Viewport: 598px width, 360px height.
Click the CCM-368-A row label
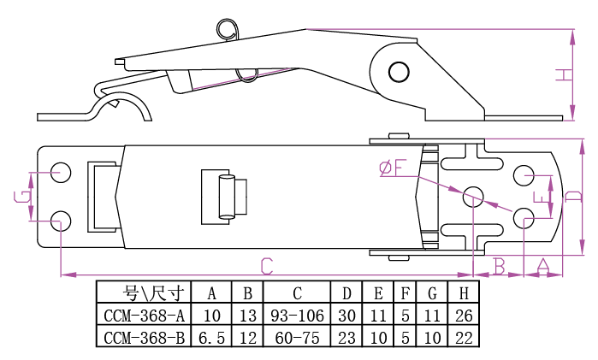coord(144,316)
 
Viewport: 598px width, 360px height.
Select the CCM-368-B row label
coord(144,338)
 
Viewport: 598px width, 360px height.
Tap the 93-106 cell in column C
coord(297,316)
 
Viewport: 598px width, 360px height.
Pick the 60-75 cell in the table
coord(297,338)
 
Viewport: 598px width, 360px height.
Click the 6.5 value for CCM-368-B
coord(211,338)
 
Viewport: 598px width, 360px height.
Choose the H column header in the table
coord(463,293)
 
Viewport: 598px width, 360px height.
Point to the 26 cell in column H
coord(463,316)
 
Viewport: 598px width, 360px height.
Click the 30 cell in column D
coord(346,316)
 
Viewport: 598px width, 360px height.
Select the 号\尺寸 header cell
coord(144,293)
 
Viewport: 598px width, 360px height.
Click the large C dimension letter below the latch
coord(266,264)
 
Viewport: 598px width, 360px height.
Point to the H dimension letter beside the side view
coord(562,75)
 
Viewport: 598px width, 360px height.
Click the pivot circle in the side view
coord(398,70)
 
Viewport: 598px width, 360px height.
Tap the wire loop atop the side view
coord(228,29)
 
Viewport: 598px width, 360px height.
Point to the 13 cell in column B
coord(248,316)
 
